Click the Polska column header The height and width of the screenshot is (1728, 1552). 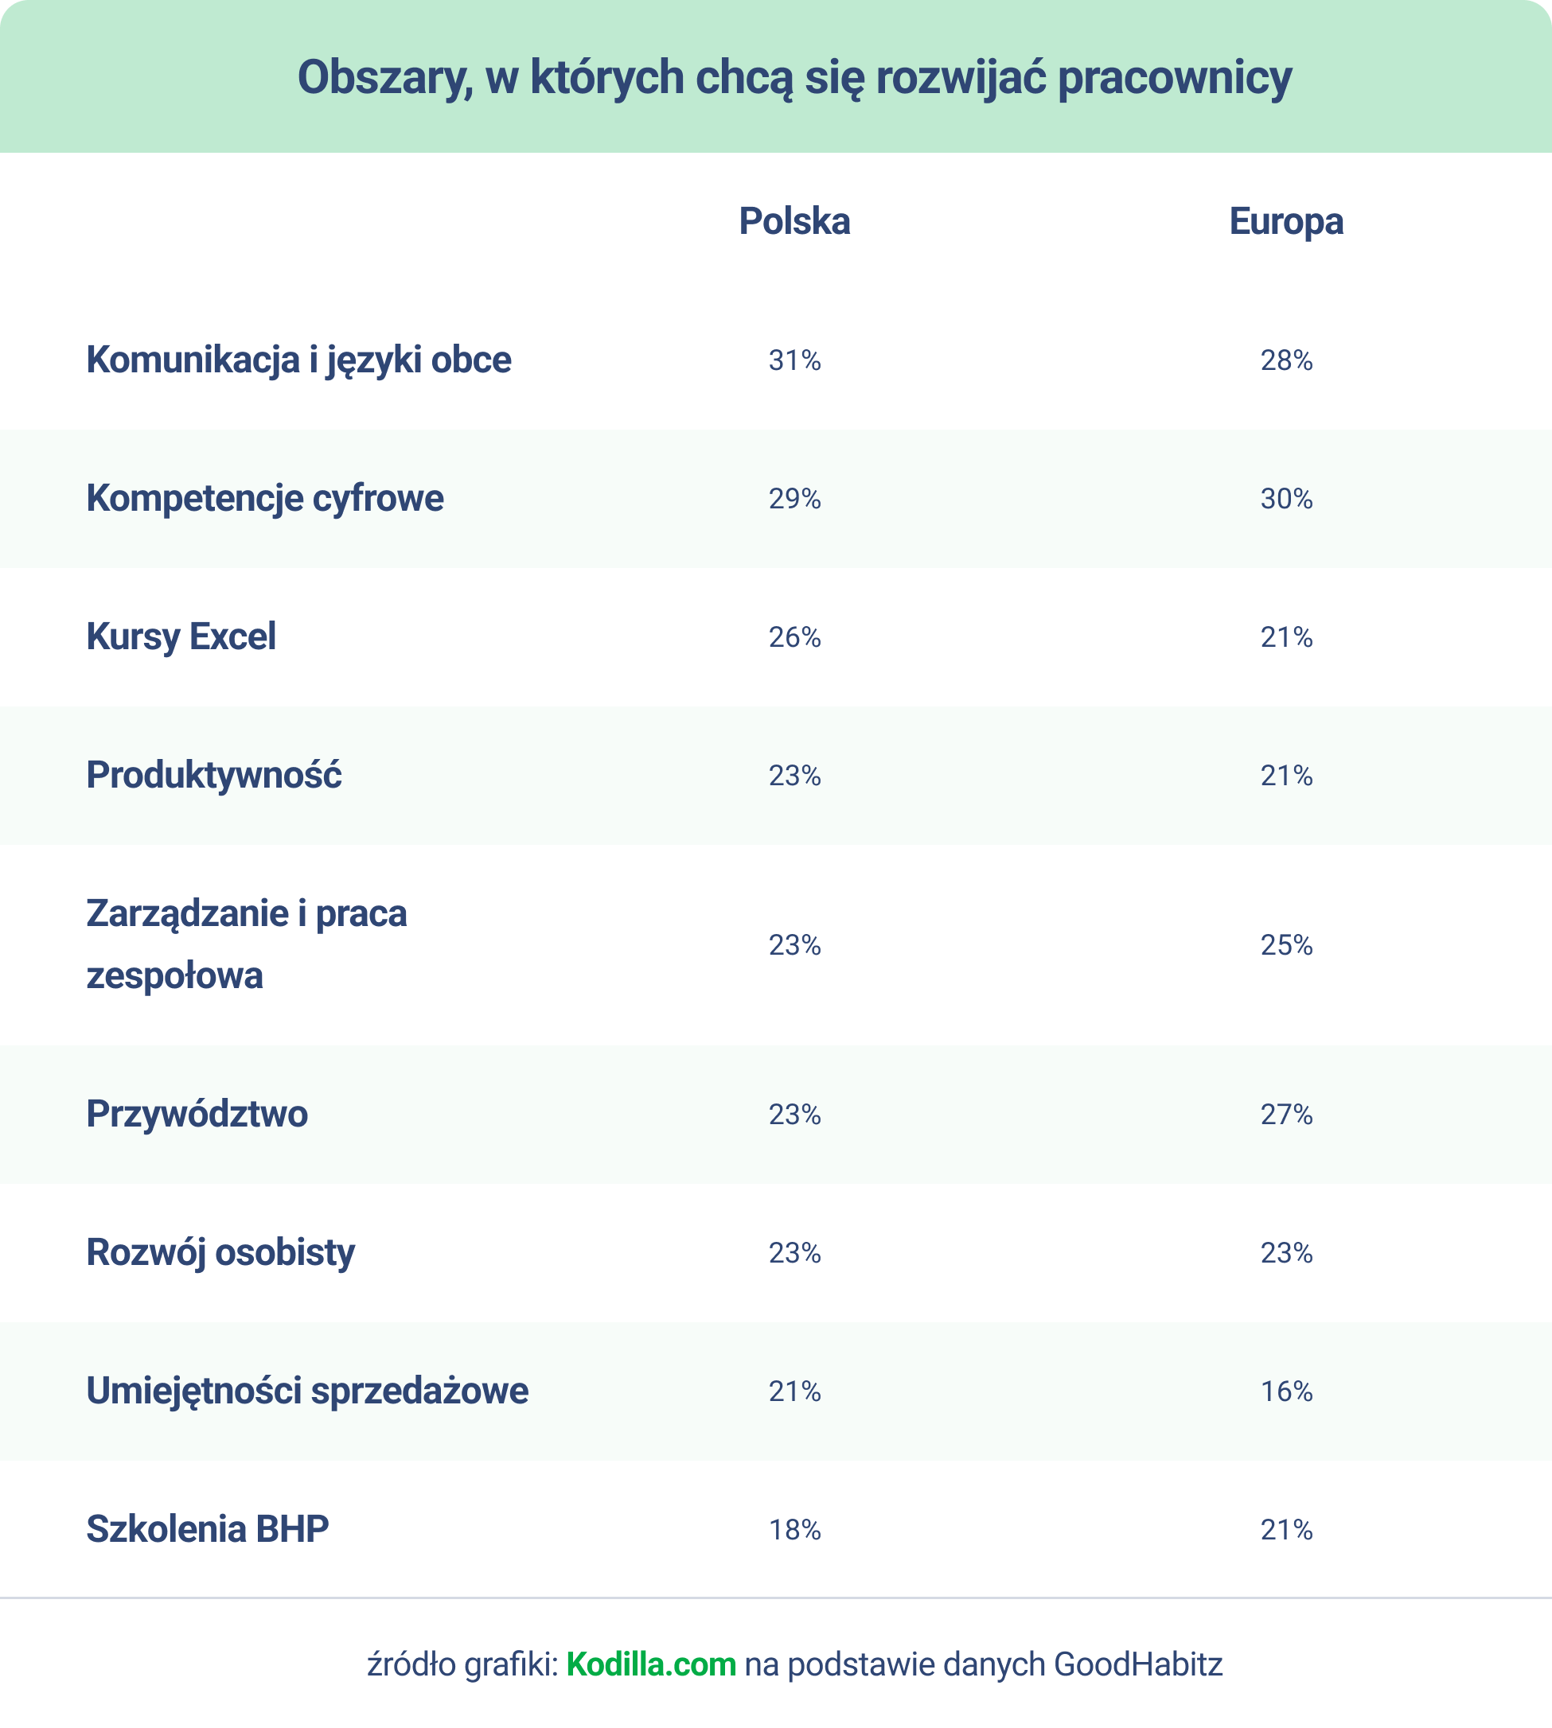[794, 222]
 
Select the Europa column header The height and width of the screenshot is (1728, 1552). [1286, 222]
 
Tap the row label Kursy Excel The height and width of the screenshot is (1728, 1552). [181, 636]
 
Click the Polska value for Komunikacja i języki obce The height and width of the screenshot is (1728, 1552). [794, 360]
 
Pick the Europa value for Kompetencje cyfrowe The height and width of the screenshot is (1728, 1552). [1286, 499]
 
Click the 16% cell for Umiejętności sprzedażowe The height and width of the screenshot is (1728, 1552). [1286, 1392]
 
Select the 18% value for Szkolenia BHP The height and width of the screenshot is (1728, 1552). [794, 1531]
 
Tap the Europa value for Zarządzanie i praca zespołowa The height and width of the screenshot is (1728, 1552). [1286, 945]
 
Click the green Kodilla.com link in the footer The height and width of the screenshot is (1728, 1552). [651, 1664]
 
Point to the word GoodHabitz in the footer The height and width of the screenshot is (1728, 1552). [1137, 1664]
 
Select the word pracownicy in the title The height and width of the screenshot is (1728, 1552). [1174, 79]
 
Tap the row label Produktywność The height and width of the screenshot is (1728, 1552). [213, 775]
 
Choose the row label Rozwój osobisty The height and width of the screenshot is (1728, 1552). [220, 1252]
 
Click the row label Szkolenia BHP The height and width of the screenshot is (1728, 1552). [207, 1529]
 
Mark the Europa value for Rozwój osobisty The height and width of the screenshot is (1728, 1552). [1286, 1253]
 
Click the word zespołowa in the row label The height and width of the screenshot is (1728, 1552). [174, 976]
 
